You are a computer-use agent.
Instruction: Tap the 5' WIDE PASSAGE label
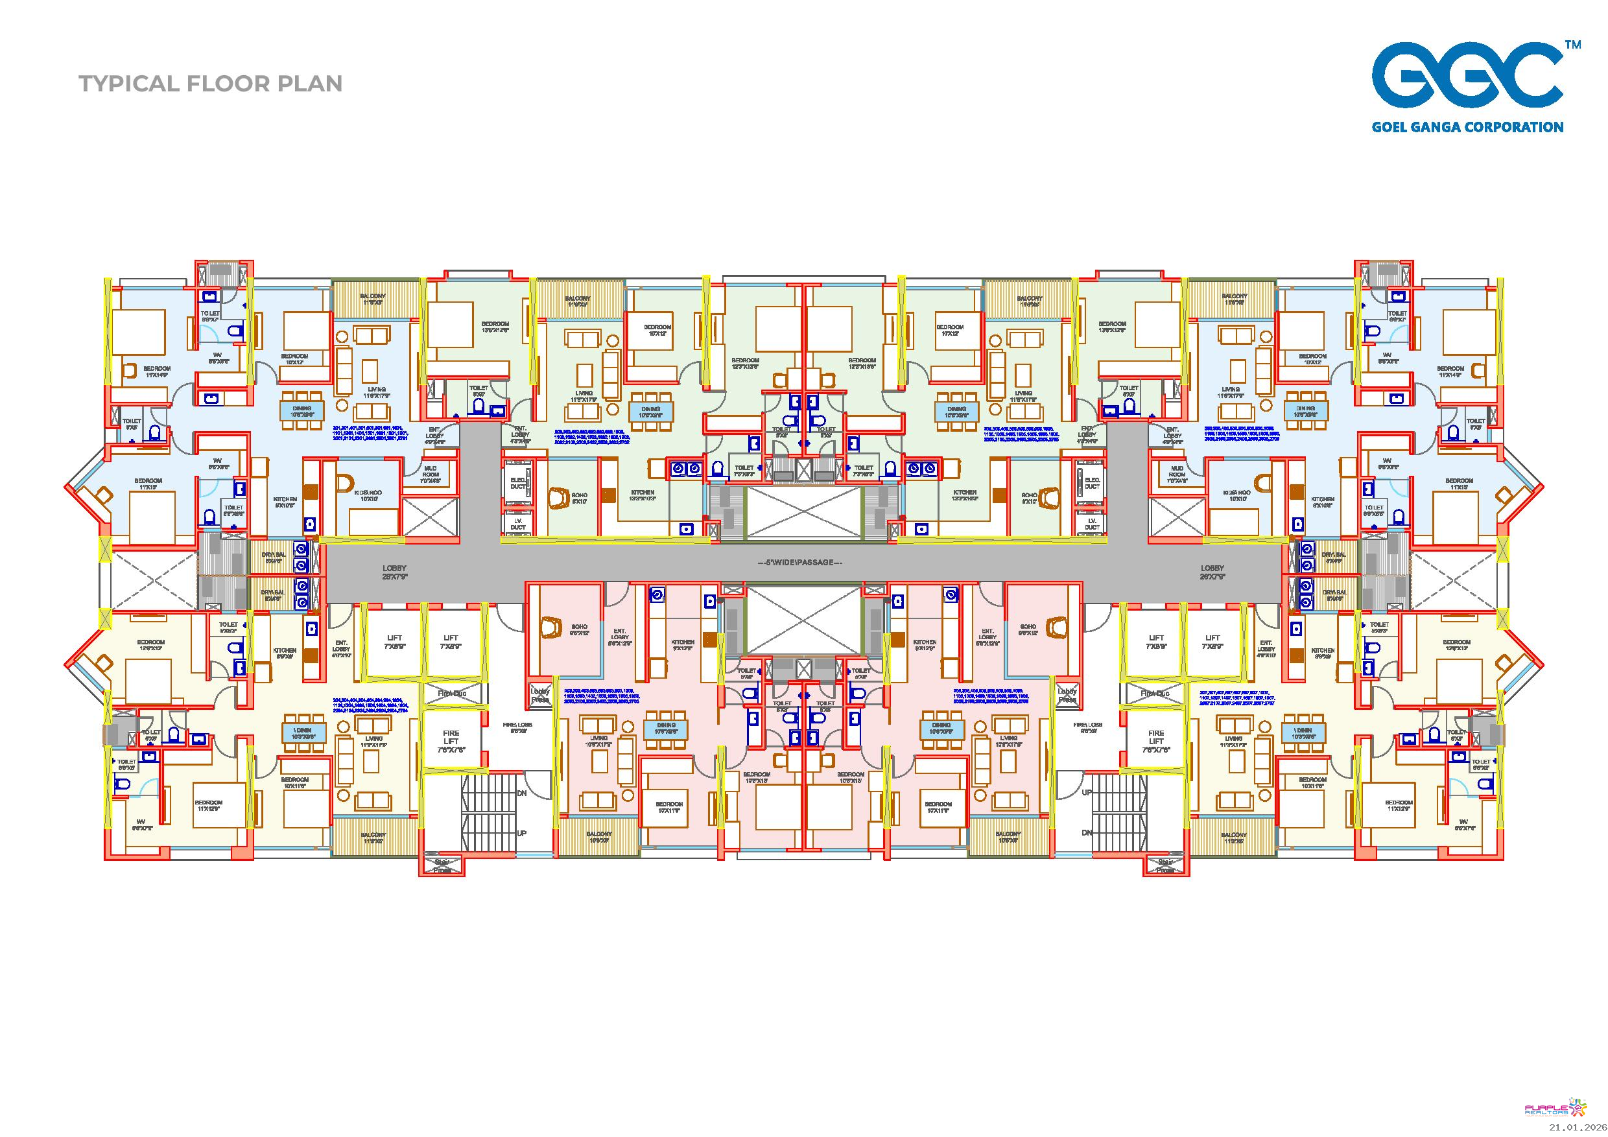click(x=800, y=562)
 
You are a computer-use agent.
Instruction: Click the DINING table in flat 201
click(x=303, y=410)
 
